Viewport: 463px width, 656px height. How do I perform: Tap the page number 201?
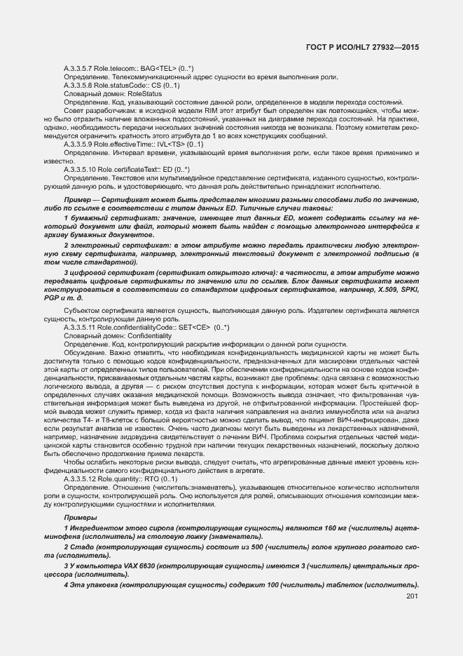[x=412, y=596]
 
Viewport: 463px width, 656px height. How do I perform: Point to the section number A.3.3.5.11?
[x=81, y=327]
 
